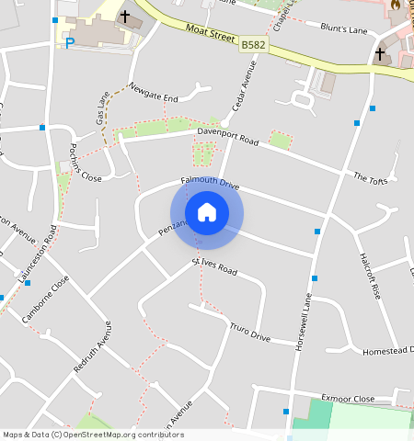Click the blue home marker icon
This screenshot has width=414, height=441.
click(x=207, y=213)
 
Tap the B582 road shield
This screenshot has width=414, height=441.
click(x=253, y=44)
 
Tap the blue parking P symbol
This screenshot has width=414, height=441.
click(x=69, y=42)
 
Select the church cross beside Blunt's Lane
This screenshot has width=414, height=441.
click(x=379, y=54)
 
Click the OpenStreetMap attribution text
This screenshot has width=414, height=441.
click(x=93, y=435)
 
